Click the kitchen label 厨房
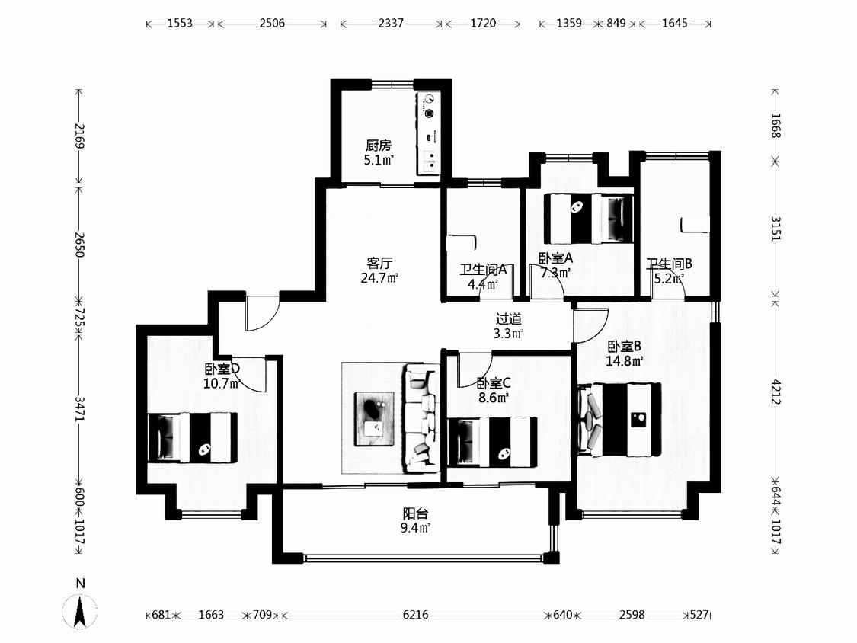pyautogui.click(x=378, y=146)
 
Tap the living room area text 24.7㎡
pyautogui.click(x=379, y=278)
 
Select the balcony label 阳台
pyautogui.click(x=415, y=513)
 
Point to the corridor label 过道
pyautogui.click(x=508, y=318)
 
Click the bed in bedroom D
pyautogui.click(x=193, y=437)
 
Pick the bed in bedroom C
pyautogui.click(x=492, y=443)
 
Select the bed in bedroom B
pyautogui.click(x=620, y=419)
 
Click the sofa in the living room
pyautogui.click(x=421, y=417)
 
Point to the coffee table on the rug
pyautogui.click(x=374, y=419)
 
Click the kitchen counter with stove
pyautogui.click(x=428, y=133)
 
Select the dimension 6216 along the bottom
pyautogui.click(x=415, y=615)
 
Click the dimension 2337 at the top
pyautogui.click(x=391, y=23)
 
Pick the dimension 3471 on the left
pyautogui.click(x=80, y=409)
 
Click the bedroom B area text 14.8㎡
pyautogui.click(x=624, y=361)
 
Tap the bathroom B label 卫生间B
pyautogui.click(x=670, y=264)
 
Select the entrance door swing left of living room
pyautogui.click(x=262, y=313)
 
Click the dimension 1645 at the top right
pyautogui.click(x=674, y=23)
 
